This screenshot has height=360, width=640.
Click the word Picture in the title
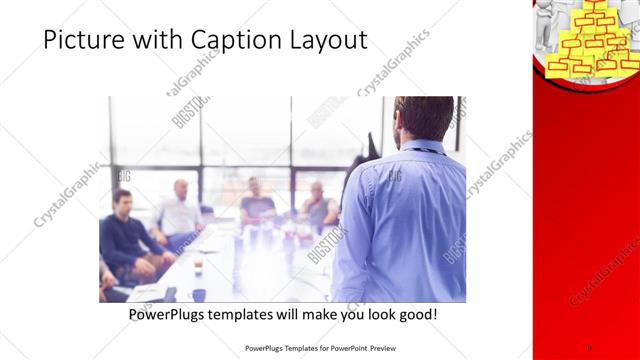tap(83, 41)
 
